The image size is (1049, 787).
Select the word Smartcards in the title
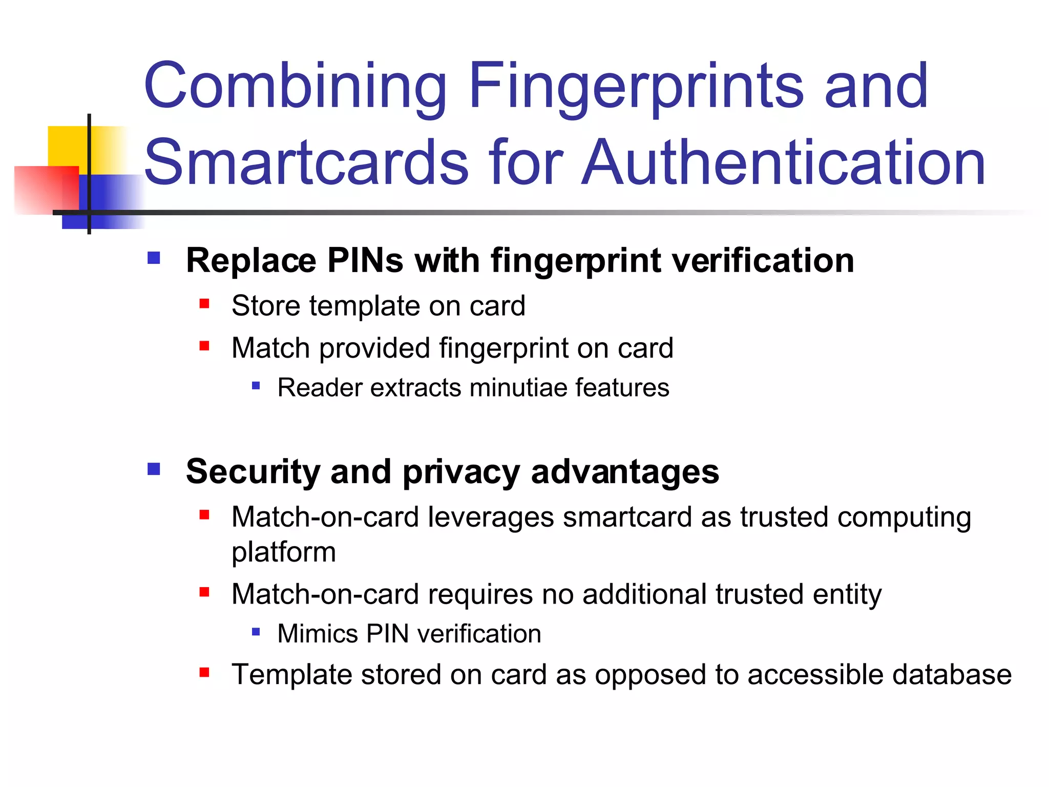(x=306, y=163)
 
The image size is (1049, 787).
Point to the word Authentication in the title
(x=784, y=163)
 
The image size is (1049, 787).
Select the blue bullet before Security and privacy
(x=154, y=469)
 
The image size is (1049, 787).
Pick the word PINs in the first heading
(x=365, y=260)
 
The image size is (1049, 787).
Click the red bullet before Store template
(x=204, y=304)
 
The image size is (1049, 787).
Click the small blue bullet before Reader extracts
(x=256, y=385)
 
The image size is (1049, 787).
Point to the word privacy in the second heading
(x=461, y=472)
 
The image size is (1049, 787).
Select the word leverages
(x=491, y=517)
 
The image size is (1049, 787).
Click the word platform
(x=284, y=552)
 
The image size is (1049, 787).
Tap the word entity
(x=847, y=594)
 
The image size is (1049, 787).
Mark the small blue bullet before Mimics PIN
(x=256, y=632)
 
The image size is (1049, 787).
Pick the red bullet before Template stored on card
(x=204, y=672)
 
